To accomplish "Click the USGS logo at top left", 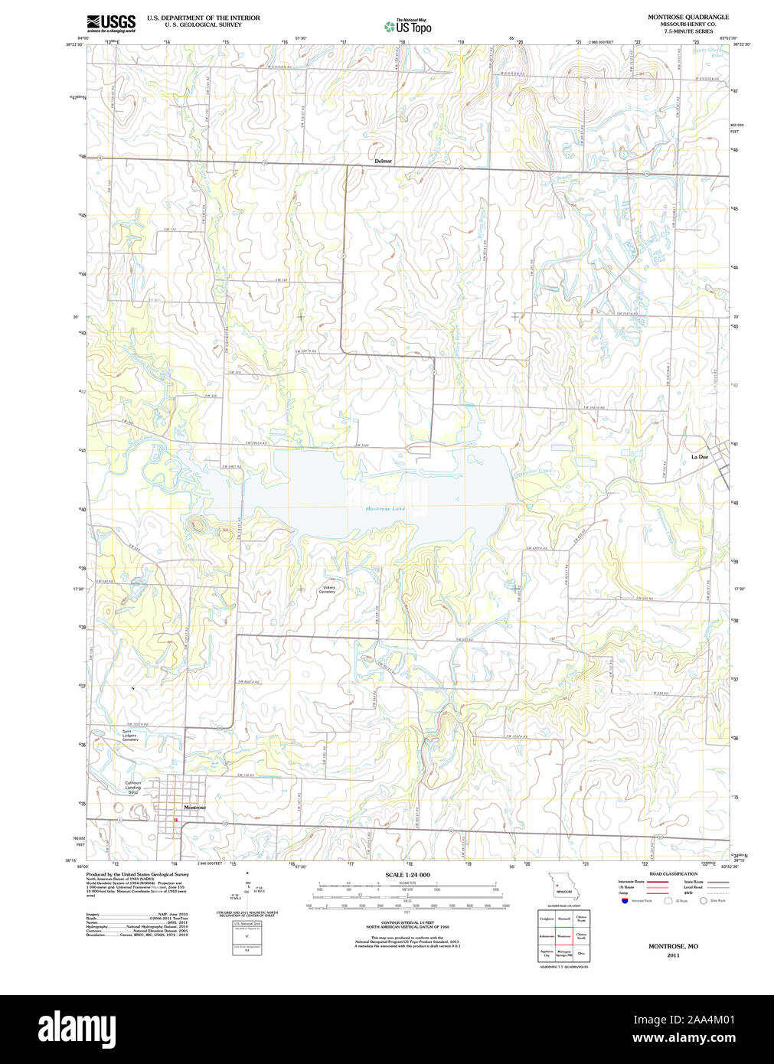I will coord(111,23).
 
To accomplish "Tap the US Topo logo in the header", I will coord(407,26).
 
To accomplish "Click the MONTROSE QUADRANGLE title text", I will coord(687,17).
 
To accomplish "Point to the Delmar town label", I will coord(383,162).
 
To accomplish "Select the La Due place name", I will coord(699,457).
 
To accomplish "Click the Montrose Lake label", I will coord(384,508).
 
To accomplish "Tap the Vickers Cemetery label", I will coord(327,589).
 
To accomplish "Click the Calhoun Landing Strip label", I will coord(133,785).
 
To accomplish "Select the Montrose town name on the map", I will coord(194,808).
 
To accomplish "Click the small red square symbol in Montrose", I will coord(175,820).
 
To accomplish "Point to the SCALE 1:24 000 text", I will coord(407,874).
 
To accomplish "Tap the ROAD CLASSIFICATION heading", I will coord(673,873).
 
